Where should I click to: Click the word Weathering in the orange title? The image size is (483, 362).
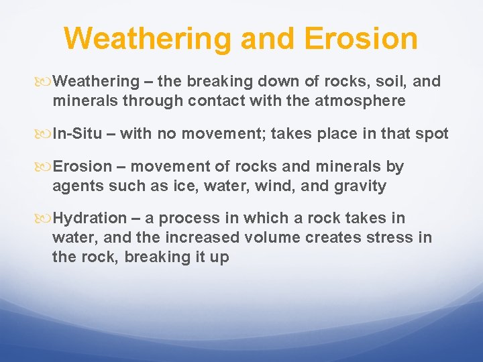pos(148,38)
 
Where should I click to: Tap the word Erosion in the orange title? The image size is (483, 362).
pos(361,38)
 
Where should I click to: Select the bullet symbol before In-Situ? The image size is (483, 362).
pos(45,134)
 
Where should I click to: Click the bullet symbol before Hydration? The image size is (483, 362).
pos(45,219)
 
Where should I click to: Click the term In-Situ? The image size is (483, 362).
pos(77,133)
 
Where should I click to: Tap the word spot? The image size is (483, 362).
pos(432,133)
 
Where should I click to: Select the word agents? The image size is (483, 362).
pos(75,186)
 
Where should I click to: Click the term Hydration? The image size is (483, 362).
pos(90,218)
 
